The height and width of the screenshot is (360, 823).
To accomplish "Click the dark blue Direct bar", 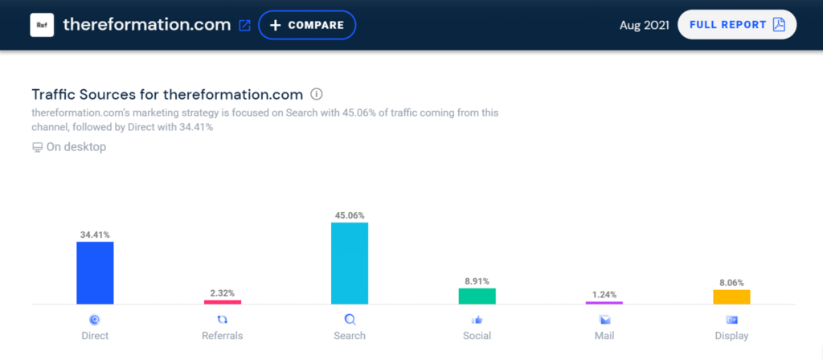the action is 95,273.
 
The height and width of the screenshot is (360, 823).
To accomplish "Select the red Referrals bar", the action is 223,302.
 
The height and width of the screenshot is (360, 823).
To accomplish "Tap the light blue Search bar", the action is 350,264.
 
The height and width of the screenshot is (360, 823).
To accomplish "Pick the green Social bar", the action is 477,297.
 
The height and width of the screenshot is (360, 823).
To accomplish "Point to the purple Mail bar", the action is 604,303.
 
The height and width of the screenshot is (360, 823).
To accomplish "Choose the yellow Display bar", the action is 731,297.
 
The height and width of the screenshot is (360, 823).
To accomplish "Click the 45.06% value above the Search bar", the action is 350,215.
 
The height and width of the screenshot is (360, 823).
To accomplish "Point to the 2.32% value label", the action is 223,292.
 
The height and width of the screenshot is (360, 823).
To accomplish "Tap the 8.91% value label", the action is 477,280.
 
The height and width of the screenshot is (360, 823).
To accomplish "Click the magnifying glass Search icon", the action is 350,320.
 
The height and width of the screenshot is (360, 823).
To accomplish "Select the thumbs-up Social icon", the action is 477,320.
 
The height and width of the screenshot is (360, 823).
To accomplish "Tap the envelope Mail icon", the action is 604,320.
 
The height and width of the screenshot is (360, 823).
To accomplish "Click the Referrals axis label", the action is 223,336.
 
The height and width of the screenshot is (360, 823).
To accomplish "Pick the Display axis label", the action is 731,336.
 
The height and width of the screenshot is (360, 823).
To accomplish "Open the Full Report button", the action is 737,25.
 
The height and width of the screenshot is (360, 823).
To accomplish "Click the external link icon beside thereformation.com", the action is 244,25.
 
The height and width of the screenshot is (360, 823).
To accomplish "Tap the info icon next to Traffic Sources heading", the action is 316,95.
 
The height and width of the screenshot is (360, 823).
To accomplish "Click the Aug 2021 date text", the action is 644,25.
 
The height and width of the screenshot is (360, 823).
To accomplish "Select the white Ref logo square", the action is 42,25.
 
